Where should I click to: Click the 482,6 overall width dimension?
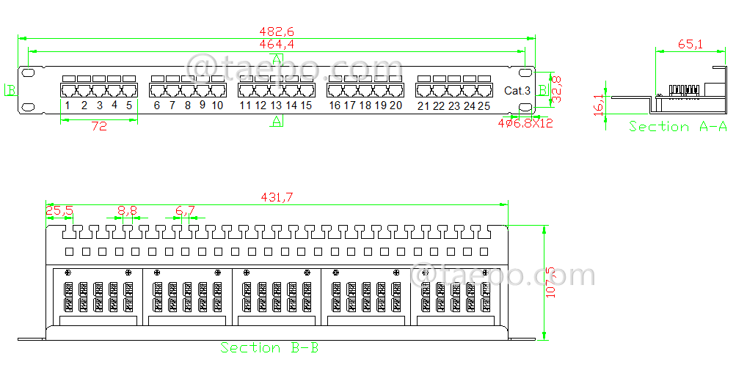276,32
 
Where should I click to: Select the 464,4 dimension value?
276,45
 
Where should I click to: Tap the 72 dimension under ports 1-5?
99,126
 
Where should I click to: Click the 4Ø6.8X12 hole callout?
525,123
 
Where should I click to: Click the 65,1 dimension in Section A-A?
690,45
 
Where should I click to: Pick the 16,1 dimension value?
600,105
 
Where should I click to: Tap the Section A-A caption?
677,127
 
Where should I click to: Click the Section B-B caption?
269,348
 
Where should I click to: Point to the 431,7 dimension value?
277,197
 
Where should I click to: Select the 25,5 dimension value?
59,211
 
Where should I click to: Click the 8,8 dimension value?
127,211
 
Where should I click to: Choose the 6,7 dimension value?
185,211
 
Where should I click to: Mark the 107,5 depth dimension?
552,282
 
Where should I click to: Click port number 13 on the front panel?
276,106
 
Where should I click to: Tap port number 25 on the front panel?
484,106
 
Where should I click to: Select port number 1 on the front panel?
67,106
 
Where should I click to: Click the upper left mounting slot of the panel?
28,73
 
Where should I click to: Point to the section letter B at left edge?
10,90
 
